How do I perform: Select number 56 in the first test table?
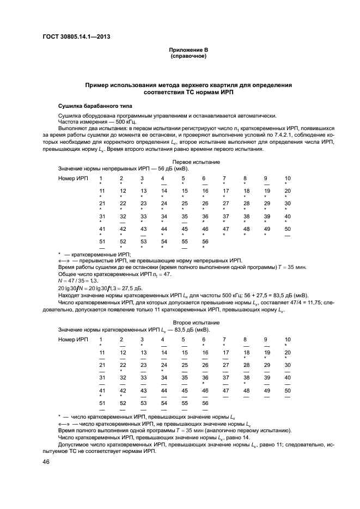pyautogui.click(x=205, y=241)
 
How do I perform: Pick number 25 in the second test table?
pyautogui.click(x=184, y=365)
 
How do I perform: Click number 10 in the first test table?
pyautogui.click(x=288, y=179)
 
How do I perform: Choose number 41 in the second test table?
pyautogui.click(x=101, y=390)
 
